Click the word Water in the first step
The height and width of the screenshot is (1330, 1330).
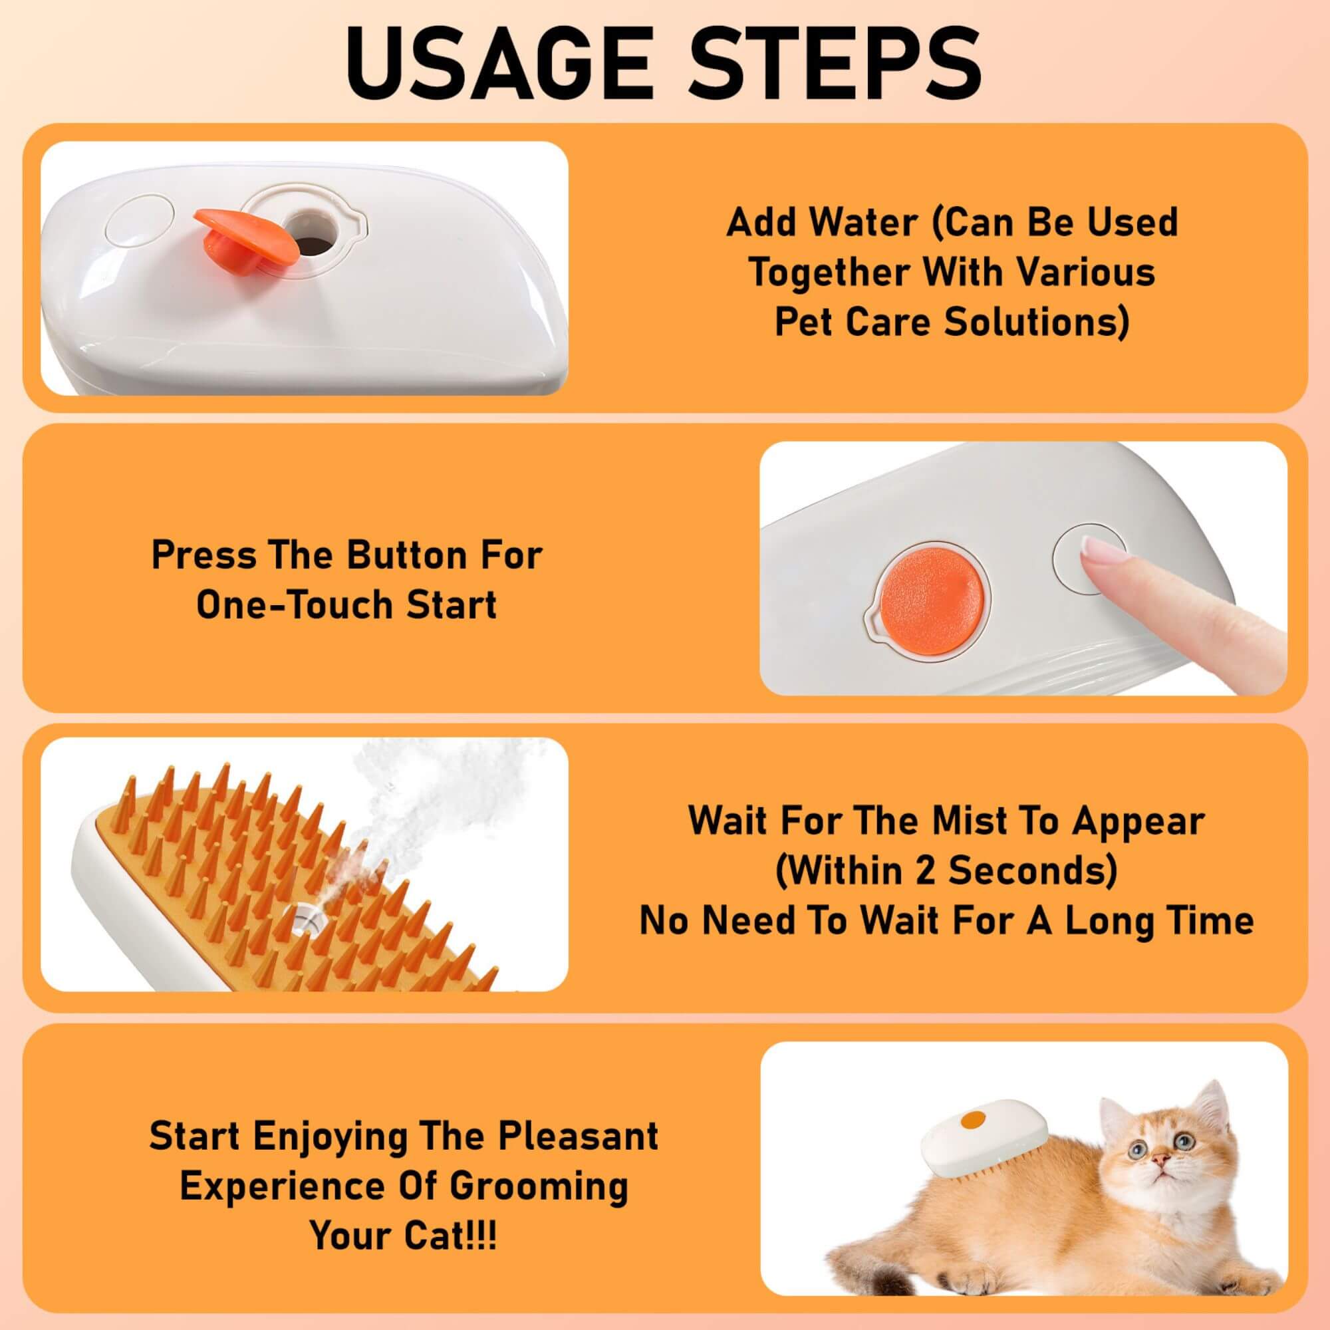(864, 223)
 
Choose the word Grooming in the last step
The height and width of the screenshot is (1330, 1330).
(539, 1186)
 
